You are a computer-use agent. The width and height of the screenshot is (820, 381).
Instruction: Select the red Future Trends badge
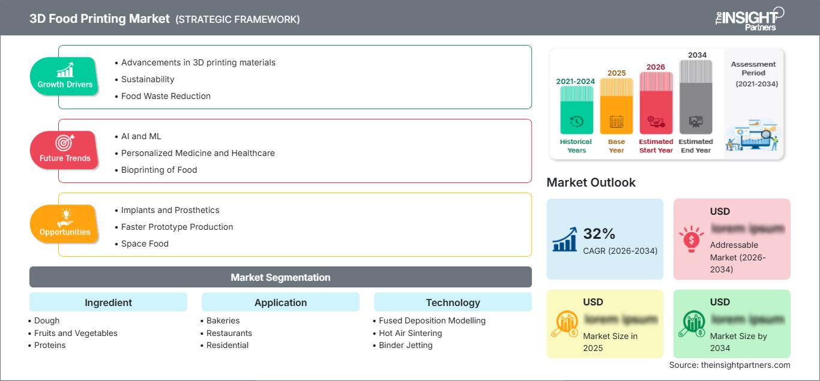point(65,150)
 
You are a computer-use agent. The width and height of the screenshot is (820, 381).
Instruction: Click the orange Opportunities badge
point(65,224)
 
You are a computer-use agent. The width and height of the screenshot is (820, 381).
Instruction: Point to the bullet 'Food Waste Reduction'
point(166,96)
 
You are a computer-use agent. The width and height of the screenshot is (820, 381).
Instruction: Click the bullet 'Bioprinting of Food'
point(159,170)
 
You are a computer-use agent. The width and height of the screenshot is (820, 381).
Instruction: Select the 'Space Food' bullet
point(145,244)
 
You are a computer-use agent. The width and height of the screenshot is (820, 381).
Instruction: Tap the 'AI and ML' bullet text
point(141,136)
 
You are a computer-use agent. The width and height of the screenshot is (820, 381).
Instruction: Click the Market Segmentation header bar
point(280,277)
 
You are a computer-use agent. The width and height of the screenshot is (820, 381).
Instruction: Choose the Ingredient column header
point(108,302)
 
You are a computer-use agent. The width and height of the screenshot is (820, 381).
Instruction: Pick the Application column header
point(280,302)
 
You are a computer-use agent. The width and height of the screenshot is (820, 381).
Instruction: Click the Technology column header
point(453,302)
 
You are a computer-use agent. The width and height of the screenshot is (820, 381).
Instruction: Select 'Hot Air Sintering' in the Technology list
point(415,333)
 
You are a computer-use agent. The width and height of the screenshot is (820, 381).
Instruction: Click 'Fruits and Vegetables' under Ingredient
point(76,333)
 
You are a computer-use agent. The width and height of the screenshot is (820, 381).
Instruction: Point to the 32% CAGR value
point(599,234)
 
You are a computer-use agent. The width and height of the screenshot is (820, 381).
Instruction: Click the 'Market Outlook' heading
point(591,182)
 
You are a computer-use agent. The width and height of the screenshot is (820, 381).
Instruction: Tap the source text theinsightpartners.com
point(730,365)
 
